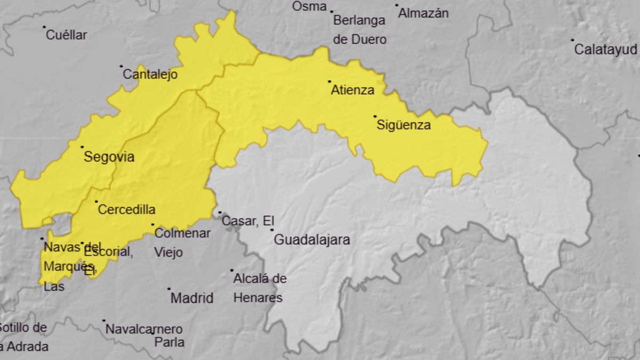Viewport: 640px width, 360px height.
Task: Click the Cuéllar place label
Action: [x=66, y=35]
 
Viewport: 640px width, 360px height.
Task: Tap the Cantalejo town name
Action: [x=150, y=75]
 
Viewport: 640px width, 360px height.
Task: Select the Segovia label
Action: [x=109, y=157]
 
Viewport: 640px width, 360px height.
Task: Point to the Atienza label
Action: [x=353, y=90]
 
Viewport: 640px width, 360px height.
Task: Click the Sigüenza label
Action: [x=403, y=126]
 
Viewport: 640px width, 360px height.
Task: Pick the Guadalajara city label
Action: [x=311, y=240]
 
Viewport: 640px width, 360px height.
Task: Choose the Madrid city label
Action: [x=191, y=298]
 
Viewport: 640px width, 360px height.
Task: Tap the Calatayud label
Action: [x=605, y=50]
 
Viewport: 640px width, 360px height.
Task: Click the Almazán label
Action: [x=423, y=13]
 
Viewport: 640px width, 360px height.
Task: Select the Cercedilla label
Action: [x=126, y=210]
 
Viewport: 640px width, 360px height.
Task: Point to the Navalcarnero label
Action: [x=144, y=329]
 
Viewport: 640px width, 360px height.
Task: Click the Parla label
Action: [x=169, y=342]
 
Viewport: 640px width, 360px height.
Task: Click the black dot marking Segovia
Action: [x=82, y=147]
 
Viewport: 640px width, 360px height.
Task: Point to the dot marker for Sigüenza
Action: [x=375, y=116]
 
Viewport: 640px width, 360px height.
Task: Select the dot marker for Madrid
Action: [x=169, y=289]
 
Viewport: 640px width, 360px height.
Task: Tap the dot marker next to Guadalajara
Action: [x=272, y=230]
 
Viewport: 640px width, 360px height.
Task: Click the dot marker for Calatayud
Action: [x=572, y=40]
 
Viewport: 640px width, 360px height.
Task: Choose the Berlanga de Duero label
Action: [x=359, y=30]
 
